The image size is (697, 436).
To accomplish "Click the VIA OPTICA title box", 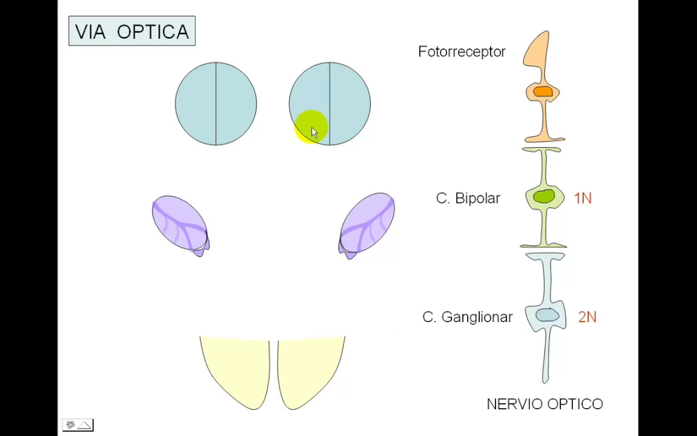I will [x=132, y=32].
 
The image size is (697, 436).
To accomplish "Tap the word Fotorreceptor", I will [x=462, y=52].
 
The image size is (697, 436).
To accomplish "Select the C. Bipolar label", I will [x=468, y=198].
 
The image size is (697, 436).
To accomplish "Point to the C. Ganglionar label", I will [x=467, y=317].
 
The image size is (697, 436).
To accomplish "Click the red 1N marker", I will [x=583, y=198].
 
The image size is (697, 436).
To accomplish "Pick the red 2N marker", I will [x=587, y=317].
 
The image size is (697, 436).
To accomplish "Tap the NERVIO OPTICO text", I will [x=545, y=404].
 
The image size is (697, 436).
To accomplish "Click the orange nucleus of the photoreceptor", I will [x=543, y=92].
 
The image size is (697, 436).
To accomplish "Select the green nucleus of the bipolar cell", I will [x=543, y=196].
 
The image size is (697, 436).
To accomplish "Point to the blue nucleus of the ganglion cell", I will [x=547, y=315].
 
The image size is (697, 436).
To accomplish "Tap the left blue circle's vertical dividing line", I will [x=216, y=104].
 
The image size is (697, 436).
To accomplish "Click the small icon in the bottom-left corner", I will [x=77, y=425].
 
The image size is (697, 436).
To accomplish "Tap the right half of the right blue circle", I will [x=350, y=104].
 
